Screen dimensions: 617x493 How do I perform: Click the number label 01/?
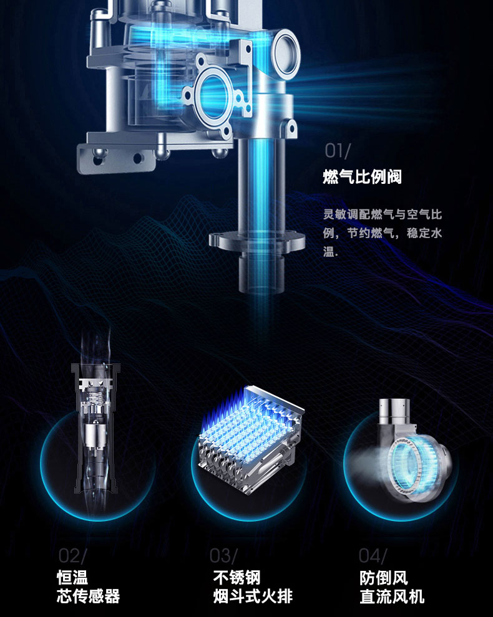(x=338, y=150)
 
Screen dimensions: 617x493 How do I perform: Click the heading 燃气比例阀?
(x=362, y=177)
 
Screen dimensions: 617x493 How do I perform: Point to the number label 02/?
(x=73, y=555)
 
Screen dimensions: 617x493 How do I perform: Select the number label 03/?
(x=223, y=555)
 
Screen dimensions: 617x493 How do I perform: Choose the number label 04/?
(x=373, y=555)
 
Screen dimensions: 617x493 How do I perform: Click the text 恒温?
(x=72, y=577)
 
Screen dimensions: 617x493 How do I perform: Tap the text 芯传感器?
(x=88, y=596)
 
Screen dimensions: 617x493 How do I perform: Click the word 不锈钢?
(x=236, y=577)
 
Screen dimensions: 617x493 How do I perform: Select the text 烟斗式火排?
(x=252, y=596)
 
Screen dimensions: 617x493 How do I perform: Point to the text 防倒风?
(x=383, y=577)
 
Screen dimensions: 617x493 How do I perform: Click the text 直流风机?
(x=392, y=596)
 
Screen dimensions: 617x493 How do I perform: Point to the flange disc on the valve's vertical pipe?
(x=256, y=241)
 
